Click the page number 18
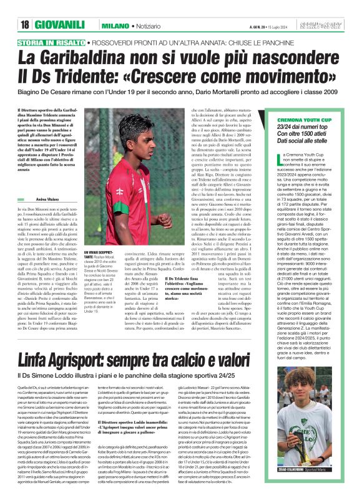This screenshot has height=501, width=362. point(25,25)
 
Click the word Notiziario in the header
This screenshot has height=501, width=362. point(154,26)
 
